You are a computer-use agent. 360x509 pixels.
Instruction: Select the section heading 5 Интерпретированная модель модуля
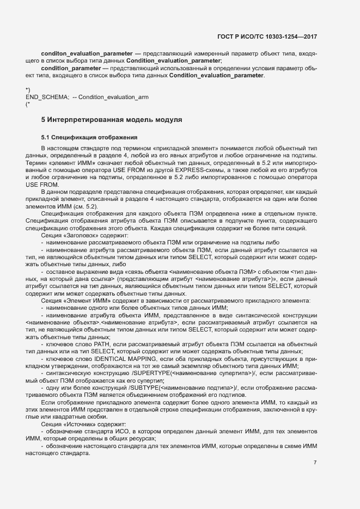click(x=111, y=119)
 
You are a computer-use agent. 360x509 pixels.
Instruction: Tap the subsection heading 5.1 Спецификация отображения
click(x=89, y=137)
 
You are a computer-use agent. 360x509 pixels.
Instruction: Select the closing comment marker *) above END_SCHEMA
click(x=27, y=89)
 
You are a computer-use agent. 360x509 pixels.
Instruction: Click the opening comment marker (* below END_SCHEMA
click(x=27, y=103)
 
